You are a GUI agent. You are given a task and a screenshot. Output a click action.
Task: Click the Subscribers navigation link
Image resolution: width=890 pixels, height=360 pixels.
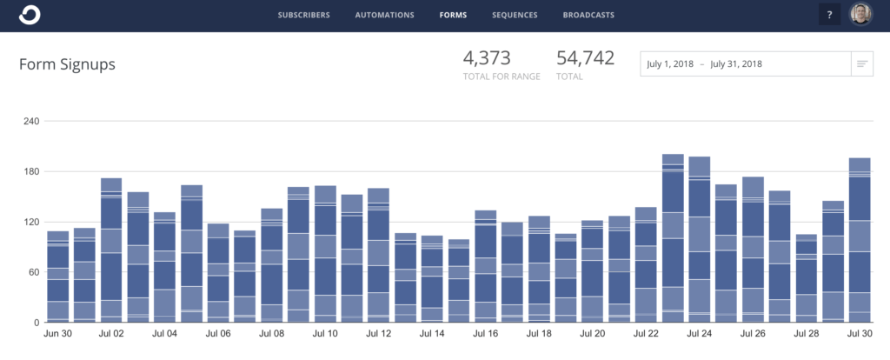pos(304,15)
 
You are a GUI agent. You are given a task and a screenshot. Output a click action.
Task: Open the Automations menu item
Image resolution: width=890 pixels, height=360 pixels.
pos(385,15)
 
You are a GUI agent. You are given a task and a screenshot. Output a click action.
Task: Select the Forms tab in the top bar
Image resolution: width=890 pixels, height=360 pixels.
pos(452,15)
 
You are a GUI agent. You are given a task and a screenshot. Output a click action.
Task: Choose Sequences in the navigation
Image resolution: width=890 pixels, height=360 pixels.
pos(515,15)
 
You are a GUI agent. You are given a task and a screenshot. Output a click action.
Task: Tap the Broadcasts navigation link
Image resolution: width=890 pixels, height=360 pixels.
pos(588,15)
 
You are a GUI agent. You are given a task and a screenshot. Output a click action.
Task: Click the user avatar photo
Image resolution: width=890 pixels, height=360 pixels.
pos(860,15)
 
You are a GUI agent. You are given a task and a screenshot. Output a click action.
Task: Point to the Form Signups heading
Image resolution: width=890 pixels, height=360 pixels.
pos(67,64)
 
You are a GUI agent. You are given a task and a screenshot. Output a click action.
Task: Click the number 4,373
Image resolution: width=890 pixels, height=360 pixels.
pos(487,59)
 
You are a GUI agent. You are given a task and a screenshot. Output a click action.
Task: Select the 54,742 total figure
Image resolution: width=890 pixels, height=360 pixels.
pos(585,59)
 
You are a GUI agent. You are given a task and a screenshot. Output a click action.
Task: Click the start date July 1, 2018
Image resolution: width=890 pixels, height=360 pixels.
pos(670,64)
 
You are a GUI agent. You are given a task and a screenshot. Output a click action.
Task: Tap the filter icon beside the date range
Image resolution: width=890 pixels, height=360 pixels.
pos(861,64)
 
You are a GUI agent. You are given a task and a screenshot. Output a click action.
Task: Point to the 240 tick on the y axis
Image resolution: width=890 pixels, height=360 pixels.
pos(30,121)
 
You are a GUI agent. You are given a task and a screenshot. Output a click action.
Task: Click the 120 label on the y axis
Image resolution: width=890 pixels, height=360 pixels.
pos(30,222)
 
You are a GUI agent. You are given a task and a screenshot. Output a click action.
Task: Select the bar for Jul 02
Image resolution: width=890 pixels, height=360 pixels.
pos(111,252)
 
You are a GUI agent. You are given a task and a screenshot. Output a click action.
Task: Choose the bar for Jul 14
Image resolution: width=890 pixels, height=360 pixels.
pos(432,278)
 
